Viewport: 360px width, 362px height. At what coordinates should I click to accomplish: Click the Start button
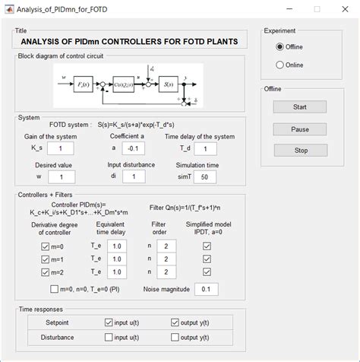click(x=300, y=107)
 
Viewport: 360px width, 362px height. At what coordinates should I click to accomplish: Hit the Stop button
click(x=300, y=151)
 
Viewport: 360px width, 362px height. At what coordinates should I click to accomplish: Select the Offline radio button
click(x=279, y=47)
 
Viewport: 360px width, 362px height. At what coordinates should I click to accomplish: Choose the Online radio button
click(x=279, y=65)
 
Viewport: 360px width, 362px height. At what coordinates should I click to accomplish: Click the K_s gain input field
click(x=61, y=148)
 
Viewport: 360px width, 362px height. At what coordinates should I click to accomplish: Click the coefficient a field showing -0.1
click(x=134, y=148)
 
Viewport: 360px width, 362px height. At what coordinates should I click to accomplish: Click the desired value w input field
click(x=61, y=176)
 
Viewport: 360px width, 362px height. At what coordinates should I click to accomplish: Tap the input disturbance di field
click(x=134, y=176)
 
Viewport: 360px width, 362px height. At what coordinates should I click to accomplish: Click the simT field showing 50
click(x=203, y=176)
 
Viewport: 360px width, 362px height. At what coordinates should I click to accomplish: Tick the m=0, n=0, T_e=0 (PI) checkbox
click(x=54, y=290)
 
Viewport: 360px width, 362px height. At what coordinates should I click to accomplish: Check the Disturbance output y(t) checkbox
click(x=175, y=336)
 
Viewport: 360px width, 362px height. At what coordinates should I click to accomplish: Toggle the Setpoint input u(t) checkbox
click(x=108, y=322)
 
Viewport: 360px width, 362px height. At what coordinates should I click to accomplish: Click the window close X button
click(x=339, y=9)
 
